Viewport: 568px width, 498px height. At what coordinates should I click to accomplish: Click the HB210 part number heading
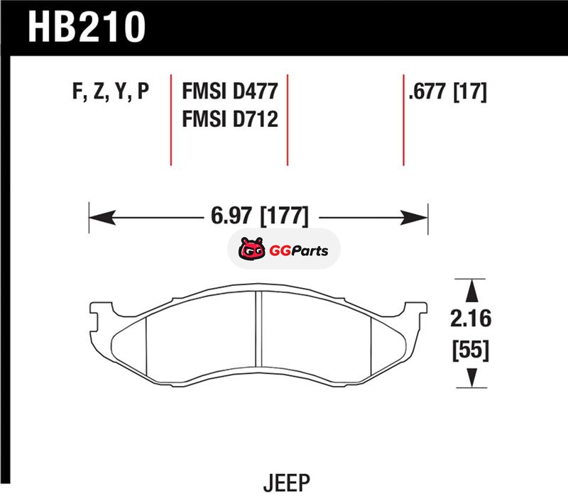click(87, 26)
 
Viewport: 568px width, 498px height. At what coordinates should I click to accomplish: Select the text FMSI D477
click(230, 91)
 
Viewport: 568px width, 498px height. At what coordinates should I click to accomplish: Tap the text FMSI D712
click(230, 118)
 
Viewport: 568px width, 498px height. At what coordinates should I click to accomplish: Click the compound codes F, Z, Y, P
click(111, 92)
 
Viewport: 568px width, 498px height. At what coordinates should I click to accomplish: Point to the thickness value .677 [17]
click(447, 92)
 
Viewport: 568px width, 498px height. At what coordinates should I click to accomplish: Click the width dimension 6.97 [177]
click(260, 216)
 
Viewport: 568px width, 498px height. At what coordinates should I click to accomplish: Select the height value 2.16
click(471, 319)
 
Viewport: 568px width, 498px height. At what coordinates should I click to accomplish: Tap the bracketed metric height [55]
click(471, 350)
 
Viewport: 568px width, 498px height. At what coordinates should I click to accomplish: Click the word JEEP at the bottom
click(287, 482)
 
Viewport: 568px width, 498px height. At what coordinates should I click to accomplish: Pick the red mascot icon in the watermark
click(251, 248)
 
